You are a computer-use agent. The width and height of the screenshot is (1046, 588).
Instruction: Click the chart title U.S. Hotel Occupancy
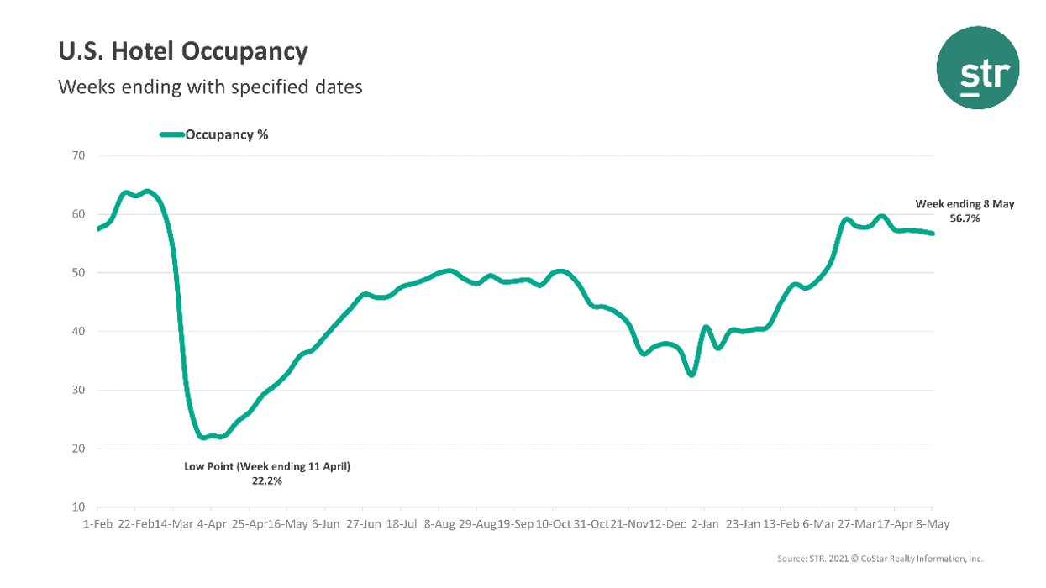pos(182,52)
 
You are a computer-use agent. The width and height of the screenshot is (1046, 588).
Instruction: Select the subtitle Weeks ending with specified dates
pos(210,87)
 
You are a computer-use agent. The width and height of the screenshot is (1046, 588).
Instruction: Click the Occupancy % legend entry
pos(226,134)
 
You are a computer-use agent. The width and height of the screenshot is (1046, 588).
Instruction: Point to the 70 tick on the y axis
pos(80,155)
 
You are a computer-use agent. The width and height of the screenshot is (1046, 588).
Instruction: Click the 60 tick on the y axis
pos(80,214)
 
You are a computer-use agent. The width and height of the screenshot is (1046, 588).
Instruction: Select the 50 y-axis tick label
pos(80,273)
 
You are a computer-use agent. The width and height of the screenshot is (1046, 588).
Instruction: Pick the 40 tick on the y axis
pos(80,332)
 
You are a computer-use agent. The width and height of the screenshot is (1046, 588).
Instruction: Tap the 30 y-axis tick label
pos(80,391)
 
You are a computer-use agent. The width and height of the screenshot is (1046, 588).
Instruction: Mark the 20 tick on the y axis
pos(80,449)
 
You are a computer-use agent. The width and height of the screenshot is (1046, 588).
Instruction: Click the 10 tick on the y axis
pos(80,508)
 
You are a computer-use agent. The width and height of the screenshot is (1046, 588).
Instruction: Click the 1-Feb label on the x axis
pos(97,524)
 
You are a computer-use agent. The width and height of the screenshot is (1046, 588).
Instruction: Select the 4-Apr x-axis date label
pos(211,524)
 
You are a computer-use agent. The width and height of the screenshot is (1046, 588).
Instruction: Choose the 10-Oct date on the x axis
pos(552,524)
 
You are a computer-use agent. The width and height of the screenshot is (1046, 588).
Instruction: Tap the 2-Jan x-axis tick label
pos(704,524)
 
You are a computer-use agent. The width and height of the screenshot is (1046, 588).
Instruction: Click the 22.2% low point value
pos(267,481)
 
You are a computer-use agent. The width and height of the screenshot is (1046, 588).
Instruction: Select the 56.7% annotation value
pos(965,218)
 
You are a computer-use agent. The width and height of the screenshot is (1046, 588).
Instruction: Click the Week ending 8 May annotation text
pos(965,204)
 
